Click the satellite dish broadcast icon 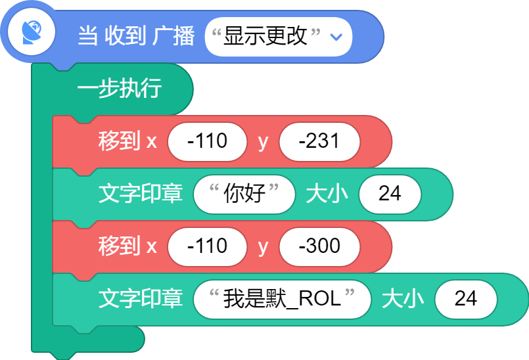(32, 33)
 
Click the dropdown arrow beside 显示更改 (336, 36)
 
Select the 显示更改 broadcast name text (265, 35)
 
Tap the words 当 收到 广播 (136, 35)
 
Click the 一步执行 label (120, 88)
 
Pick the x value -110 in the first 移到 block (207, 141)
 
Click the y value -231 (319, 141)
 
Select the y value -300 (319, 246)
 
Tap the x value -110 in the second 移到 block (207, 246)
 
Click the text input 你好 (244, 194)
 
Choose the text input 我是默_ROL (282, 299)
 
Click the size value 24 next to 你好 (390, 194)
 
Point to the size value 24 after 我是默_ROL (466, 299)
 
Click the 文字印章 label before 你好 (141, 193)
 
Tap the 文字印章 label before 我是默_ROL (141, 299)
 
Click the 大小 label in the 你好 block (327, 194)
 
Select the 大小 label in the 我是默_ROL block (403, 299)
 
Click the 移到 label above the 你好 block (119, 141)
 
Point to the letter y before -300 (263, 247)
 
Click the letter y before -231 (263, 142)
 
